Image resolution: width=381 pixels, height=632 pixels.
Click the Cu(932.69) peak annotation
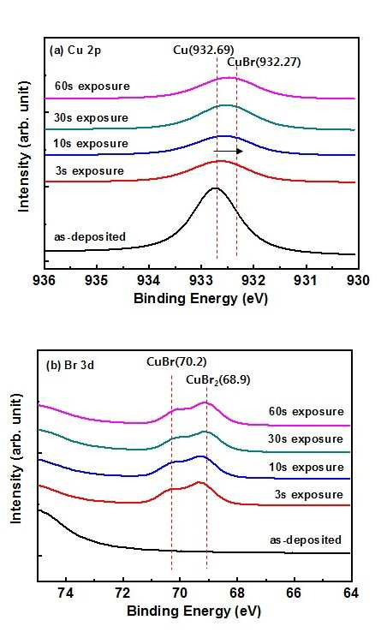pyautogui.click(x=204, y=50)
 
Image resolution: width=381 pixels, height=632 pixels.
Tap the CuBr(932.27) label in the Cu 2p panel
pyautogui.click(x=264, y=63)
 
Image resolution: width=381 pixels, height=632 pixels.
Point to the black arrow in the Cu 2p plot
pyautogui.click(x=229, y=151)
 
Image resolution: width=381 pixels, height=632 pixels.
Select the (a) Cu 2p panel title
pyautogui.click(x=75, y=51)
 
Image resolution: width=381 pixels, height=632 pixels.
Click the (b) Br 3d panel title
pyautogui.click(x=70, y=366)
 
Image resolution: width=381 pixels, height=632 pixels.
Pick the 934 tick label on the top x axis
pyautogui.click(x=149, y=280)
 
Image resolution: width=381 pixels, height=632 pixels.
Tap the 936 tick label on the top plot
pyautogui.click(x=44, y=280)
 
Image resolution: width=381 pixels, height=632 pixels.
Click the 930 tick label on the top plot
pyautogui.click(x=358, y=280)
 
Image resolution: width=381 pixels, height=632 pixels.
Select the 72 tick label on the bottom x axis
pyautogui.click(x=123, y=593)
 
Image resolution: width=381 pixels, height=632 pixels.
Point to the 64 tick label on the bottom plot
pyautogui.click(x=350, y=593)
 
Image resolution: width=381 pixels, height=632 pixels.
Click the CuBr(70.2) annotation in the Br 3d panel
pyautogui.click(x=176, y=361)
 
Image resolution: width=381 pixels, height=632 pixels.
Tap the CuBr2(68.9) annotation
pyautogui.click(x=218, y=380)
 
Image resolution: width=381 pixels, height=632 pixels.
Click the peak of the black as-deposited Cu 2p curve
pyautogui.click(x=216, y=188)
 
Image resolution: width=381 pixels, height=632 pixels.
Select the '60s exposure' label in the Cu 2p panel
pyautogui.click(x=92, y=86)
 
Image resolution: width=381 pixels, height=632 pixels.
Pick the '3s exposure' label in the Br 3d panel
pyautogui.click(x=309, y=495)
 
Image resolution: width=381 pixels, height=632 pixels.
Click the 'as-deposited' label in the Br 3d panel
pyautogui.click(x=305, y=540)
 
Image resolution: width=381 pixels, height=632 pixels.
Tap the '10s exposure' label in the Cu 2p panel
pyautogui.click(x=91, y=144)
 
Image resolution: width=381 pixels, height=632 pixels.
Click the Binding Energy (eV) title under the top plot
pyautogui.click(x=201, y=299)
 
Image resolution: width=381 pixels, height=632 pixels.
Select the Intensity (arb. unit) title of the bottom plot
pyautogui.click(x=15, y=458)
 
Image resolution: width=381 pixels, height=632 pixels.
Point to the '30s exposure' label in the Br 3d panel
pyautogui.click(x=306, y=439)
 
